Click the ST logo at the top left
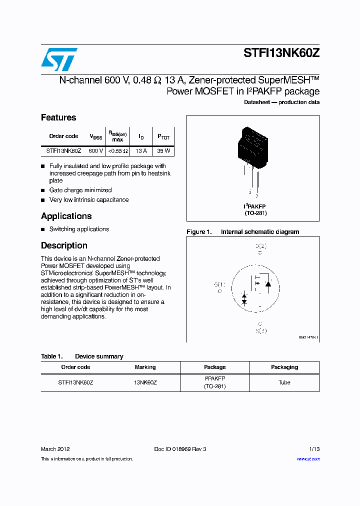[x=59, y=59]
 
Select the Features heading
[x=58, y=117]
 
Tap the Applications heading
[x=66, y=216]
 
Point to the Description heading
[x=64, y=245]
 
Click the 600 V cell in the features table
[x=95, y=150]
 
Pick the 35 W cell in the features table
[x=163, y=150]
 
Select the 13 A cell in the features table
[x=141, y=150]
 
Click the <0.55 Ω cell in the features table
[x=118, y=150]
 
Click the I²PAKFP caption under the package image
[x=255, y=206]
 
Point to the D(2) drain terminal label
[x=261, y=246]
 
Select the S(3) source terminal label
[x=261, y=330]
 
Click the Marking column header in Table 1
[x=145, y=367]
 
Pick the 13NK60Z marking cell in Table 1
[x=145, y=382]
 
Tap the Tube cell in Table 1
[x=284, y=382]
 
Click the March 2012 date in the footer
[x=55, y=449]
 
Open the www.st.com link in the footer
[x=308, y=459]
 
